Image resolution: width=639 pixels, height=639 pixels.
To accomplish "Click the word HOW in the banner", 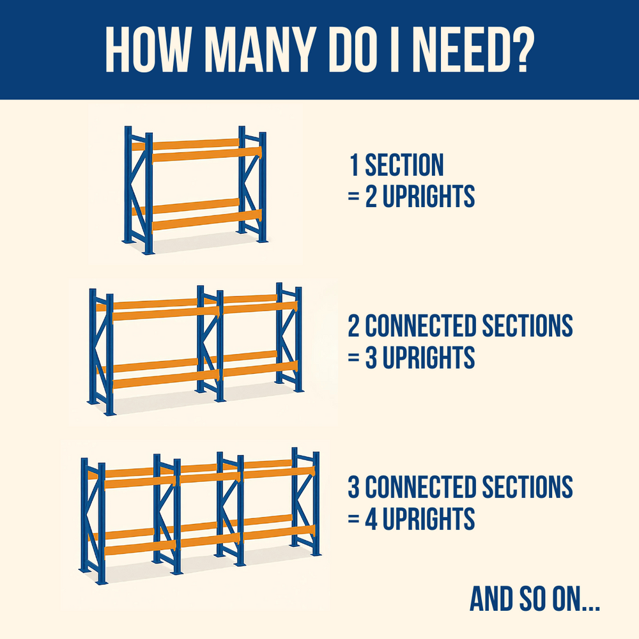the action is click(148, 50).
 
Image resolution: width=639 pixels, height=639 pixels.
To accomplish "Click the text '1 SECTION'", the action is click(397, 165).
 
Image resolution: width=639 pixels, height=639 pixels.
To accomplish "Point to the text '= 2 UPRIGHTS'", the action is click(412, 196).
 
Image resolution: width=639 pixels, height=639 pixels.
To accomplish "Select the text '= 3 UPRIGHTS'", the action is click(412, 357).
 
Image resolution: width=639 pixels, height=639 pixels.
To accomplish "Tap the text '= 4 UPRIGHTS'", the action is click(412, 518).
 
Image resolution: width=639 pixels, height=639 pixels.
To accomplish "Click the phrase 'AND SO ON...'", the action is click(535, 599).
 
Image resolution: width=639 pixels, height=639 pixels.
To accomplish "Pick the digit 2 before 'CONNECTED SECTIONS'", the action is click(354, 326).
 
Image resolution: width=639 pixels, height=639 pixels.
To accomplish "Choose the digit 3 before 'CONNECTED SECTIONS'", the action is click(354, 486).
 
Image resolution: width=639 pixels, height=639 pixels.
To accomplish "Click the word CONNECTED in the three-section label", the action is click(420, 486).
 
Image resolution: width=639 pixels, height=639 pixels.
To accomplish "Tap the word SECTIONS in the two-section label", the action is click(528, 326).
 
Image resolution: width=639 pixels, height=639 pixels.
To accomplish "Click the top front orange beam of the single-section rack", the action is click(206, 155).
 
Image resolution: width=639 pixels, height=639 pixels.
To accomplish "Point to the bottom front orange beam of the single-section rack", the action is click(206, 220).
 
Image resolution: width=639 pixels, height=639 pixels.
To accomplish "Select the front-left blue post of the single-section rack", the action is click(149, 193).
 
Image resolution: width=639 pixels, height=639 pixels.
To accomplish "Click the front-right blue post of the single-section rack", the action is click(263, 187).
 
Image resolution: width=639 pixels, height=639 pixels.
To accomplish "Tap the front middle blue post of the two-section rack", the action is click(220, 346).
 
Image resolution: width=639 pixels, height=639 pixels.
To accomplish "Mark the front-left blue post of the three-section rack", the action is click(102, 523).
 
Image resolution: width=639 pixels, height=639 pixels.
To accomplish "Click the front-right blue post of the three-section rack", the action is click(316, 504).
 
